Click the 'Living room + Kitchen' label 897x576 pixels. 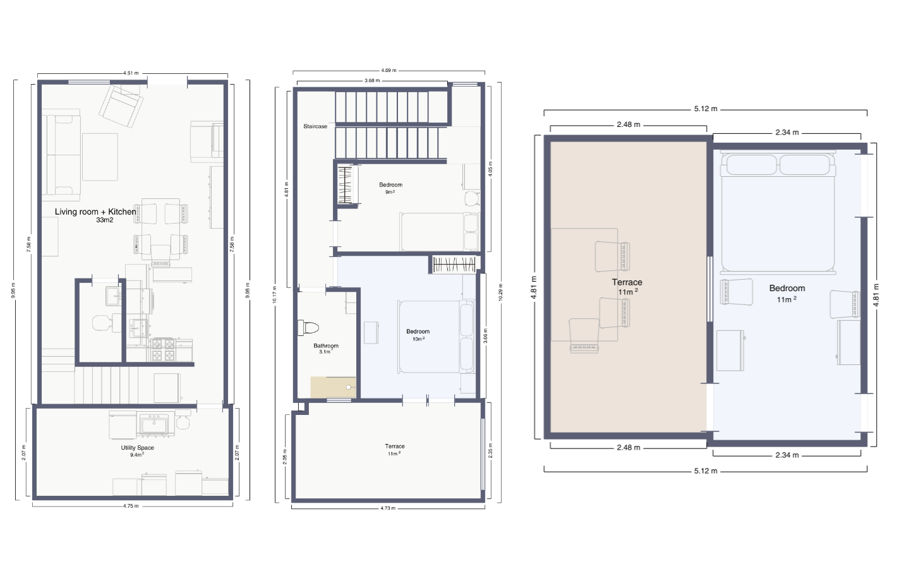95,212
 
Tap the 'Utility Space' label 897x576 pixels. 137,448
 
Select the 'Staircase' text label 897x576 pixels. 315,127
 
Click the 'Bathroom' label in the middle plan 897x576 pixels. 326,346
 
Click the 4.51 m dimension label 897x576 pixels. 131,73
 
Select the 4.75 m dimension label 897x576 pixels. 131,506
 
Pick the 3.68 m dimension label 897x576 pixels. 372,81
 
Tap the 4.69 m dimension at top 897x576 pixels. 388,71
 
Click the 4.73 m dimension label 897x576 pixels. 388,508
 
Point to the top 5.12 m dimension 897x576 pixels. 706,109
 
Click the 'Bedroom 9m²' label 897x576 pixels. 390,188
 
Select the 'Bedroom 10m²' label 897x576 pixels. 418,334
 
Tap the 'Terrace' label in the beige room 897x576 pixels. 627,283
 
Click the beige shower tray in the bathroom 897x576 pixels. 333,387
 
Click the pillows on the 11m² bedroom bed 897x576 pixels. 778,165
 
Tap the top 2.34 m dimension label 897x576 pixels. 787,133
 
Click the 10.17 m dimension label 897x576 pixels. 275,294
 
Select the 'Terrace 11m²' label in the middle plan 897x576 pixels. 395,449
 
